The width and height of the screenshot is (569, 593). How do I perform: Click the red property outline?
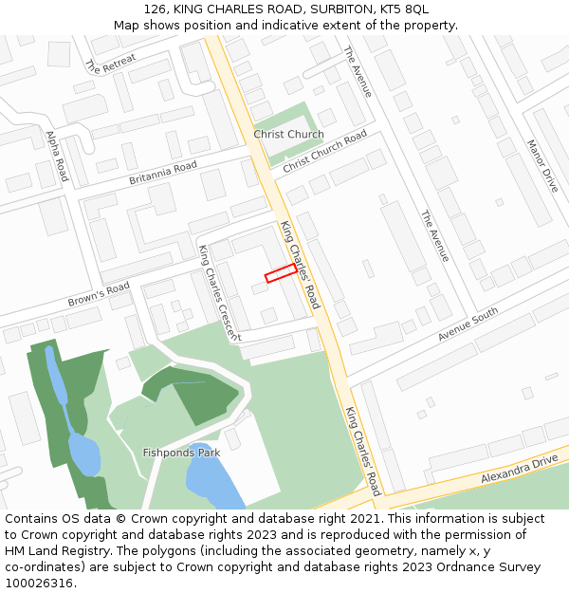[280, 273]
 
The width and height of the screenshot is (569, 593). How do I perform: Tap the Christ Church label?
[288, 135]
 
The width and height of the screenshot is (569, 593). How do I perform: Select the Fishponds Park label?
[181, 453]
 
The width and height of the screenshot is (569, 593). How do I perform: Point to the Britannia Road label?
[163, 173]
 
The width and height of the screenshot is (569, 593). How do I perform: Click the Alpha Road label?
[57, 157]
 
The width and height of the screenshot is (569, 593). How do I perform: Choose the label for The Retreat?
[110, 64]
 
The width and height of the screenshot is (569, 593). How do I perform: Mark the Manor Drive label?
[542, 166]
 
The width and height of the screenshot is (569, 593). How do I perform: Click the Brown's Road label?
[99, 295]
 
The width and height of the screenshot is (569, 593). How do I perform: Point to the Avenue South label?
[468, 325]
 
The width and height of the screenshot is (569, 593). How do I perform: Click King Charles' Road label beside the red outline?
[301, 265]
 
